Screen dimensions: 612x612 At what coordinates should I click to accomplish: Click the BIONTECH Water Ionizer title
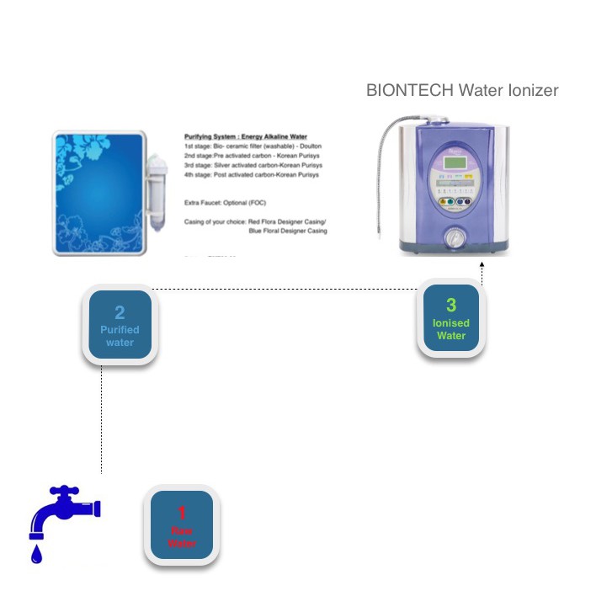click(462, 90)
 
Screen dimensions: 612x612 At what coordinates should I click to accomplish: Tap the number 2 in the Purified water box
click(120, 313)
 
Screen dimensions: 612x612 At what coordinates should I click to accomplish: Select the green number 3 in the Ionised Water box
click(451, 306)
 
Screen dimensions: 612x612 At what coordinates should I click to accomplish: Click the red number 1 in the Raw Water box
click(182, 513)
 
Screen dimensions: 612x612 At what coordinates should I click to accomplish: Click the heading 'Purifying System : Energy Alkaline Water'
click(246, 136)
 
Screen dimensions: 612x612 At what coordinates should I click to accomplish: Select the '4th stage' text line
click(251, 174)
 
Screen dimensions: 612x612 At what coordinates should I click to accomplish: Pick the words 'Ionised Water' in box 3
click(451, 329)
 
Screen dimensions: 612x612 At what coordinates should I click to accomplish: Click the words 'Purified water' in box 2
click(120, 336)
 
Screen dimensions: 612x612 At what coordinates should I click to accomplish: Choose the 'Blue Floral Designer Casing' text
click(287, 231)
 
